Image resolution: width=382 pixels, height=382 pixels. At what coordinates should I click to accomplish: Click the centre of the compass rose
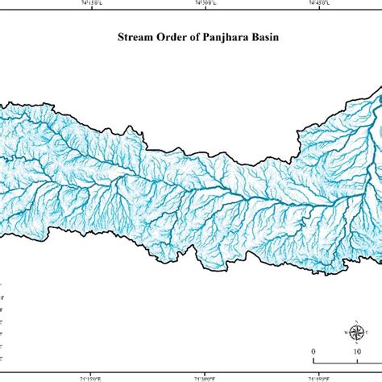[x=355, y=331]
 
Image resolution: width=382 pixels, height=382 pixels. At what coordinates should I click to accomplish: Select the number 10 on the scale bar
[x=357, y=351]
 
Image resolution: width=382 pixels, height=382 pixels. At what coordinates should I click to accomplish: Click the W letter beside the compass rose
[x=346, y=332]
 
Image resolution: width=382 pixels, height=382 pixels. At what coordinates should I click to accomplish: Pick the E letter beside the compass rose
[x=365, y=332]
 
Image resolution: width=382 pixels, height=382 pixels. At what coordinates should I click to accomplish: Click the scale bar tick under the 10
[x=357, y=359]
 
